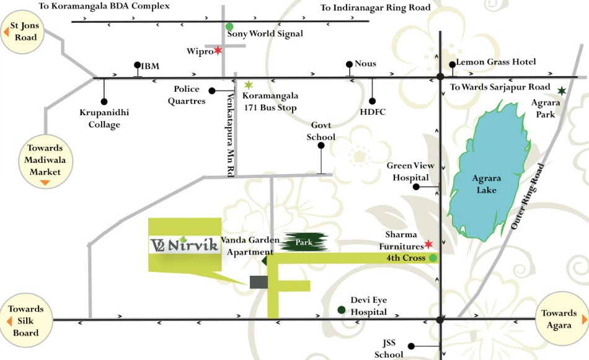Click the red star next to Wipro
click(x=218, y=51)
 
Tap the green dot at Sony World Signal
click(x=229, y=27)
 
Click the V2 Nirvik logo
click(x=185, y=245)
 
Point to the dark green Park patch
click(x=303, y=242)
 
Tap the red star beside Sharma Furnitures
click(x=428, y=244)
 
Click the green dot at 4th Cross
click(x=433, y=257)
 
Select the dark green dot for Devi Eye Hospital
click(x=341, y=310)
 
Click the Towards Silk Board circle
click(x=26, y=320)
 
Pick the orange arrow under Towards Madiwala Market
click(x=45, y=182)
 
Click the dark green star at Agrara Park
click(x=562, y=91)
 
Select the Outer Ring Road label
click(x=528, y=197)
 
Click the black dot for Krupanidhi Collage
click(x=104, y=101)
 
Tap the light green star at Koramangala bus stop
click(x=249, y=85)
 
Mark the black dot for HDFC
click(x=373, y=101)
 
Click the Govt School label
click(x=321, y=131)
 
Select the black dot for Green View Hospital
click(x=417, y=187)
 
